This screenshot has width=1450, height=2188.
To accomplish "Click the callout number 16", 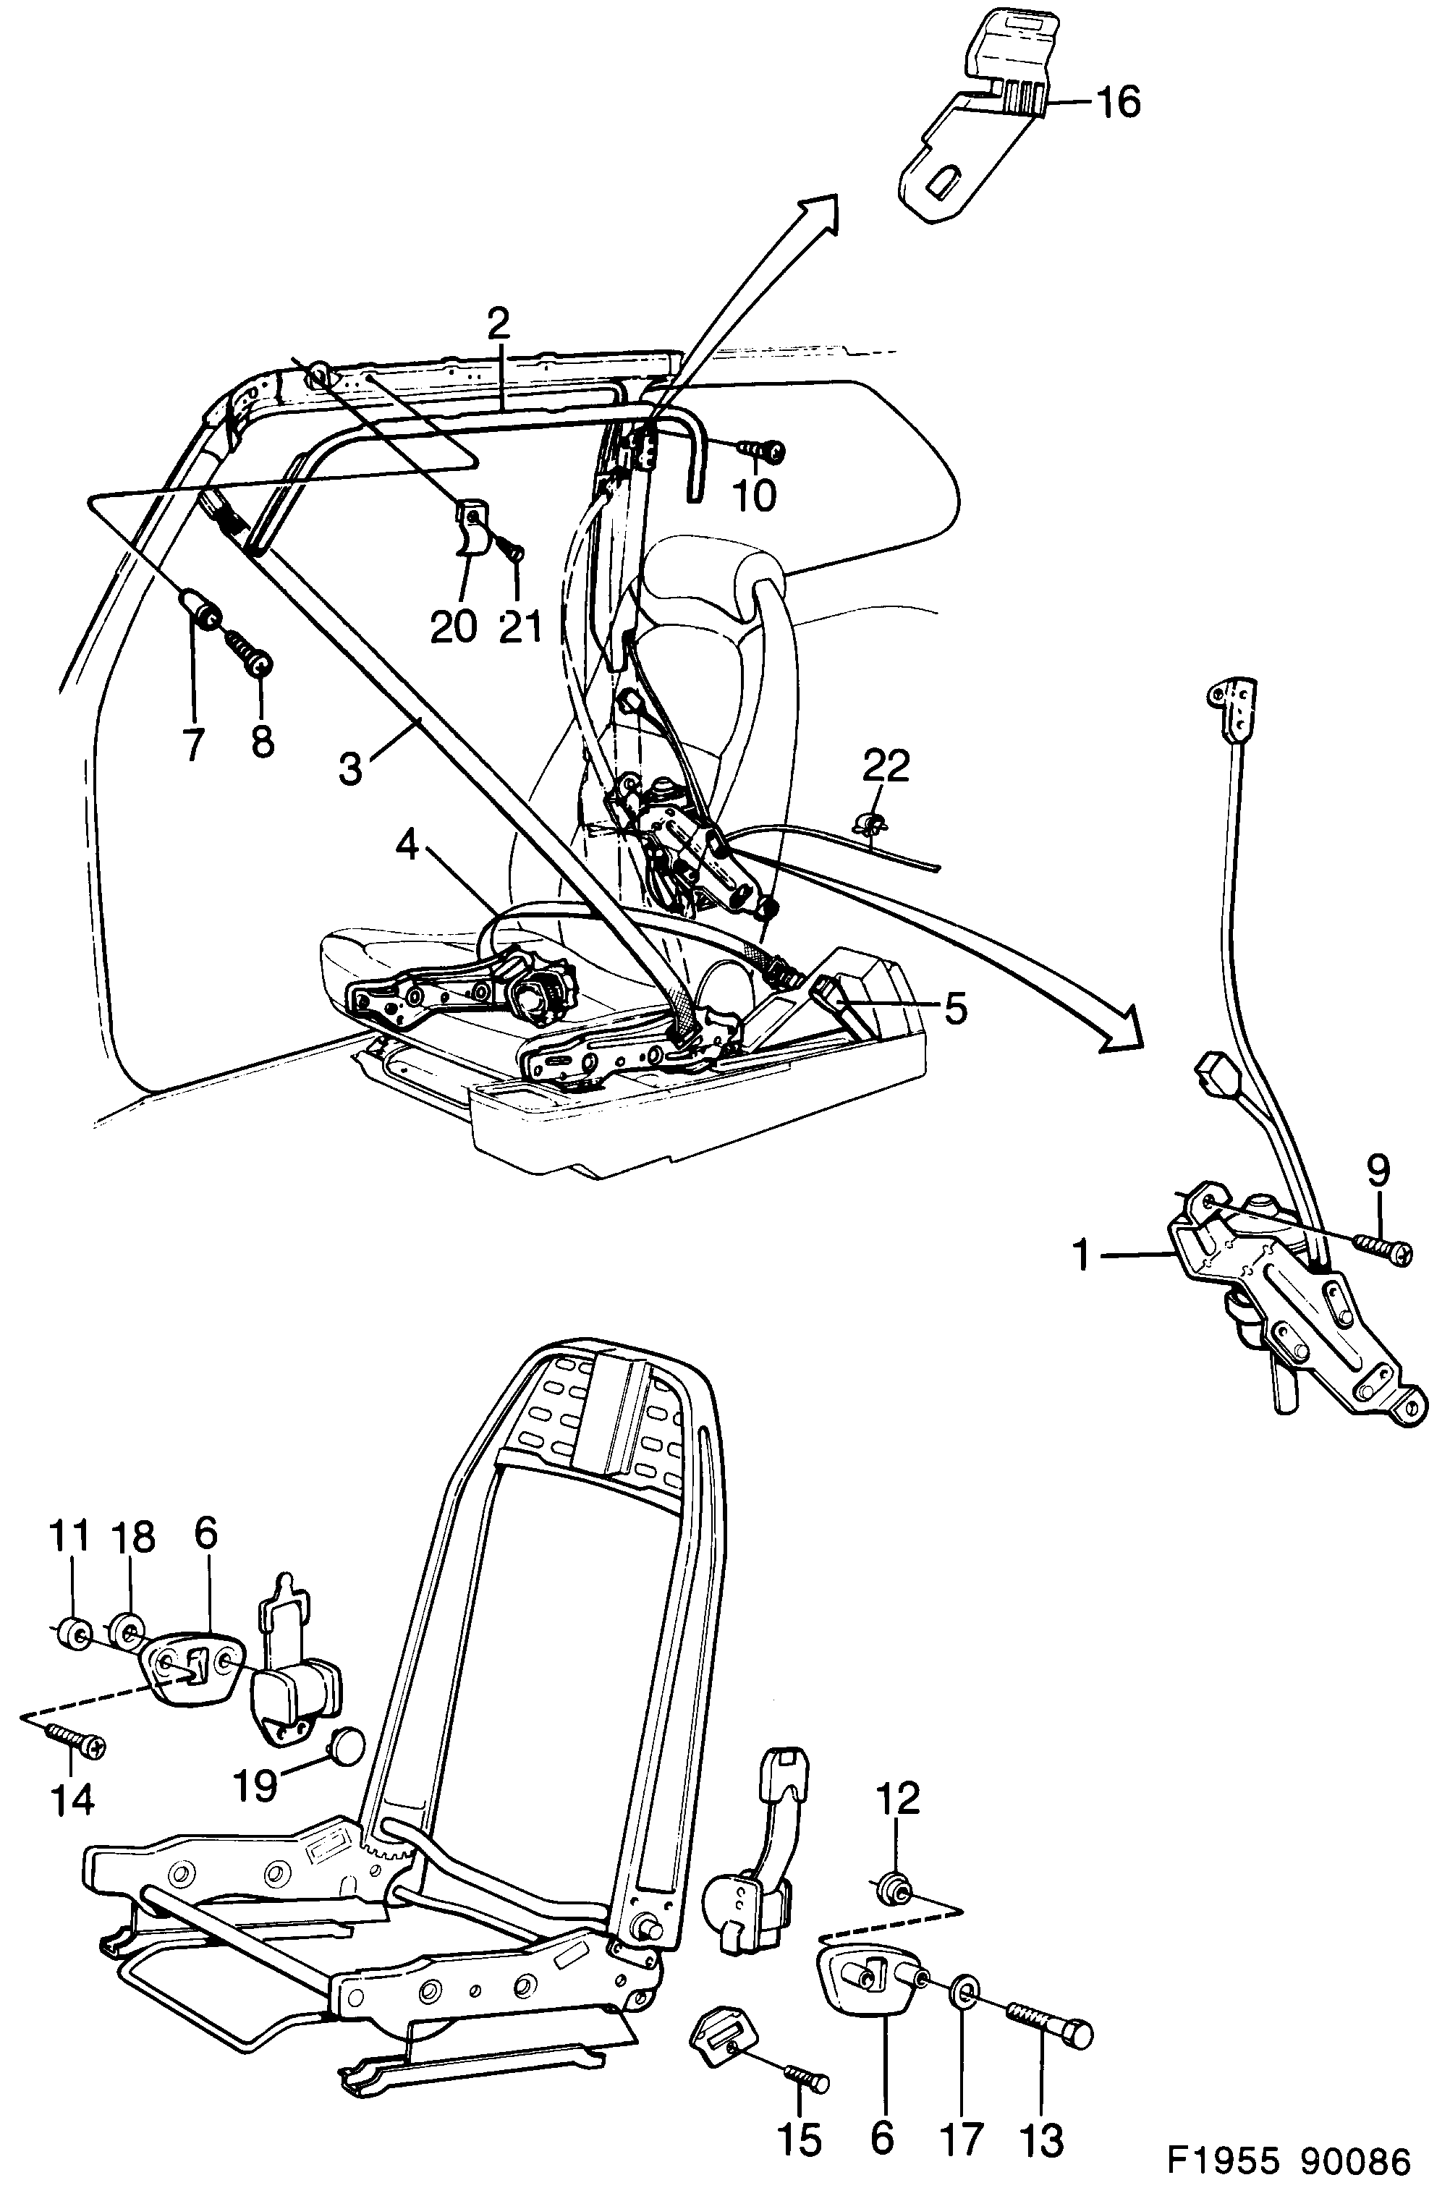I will (x=1118, y=102).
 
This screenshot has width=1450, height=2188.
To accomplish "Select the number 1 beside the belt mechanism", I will (x=1081, y=1257).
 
